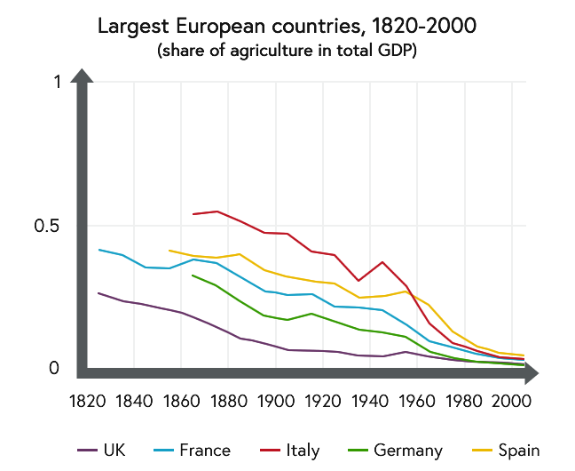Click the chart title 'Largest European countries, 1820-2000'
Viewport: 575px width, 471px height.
[x=287, y=26]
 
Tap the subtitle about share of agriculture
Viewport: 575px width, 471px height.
[x=287, y=51]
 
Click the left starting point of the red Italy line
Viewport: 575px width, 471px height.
[x=193, y=214]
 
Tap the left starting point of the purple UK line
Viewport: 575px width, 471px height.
[x=98, y=292]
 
